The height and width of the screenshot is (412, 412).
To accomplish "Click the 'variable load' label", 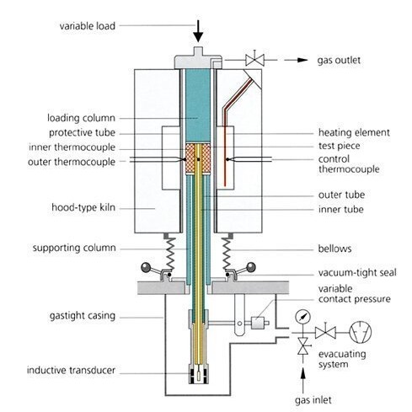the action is tap(88, 26).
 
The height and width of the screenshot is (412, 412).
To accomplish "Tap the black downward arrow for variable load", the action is tap(198, 31).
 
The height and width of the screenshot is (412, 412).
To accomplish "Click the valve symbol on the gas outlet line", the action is tap(254, 60).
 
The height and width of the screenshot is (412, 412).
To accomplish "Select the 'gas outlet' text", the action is tap(339, 60).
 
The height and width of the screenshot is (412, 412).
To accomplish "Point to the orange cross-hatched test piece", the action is tap(198, 158).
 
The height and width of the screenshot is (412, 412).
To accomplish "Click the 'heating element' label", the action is tap(354, 132).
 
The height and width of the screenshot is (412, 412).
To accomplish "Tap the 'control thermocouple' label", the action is tap(349, 164).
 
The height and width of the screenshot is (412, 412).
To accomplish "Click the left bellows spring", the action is tap(170, 254).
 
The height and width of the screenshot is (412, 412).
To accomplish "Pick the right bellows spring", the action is tap(226, 254).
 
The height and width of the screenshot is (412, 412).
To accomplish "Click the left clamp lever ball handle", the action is tap(146, 267).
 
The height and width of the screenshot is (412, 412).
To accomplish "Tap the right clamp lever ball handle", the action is tap(251, 267).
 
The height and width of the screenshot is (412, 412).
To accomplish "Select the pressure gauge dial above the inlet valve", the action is tap(302, 317).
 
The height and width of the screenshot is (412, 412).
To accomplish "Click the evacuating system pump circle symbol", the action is tap(360, 332).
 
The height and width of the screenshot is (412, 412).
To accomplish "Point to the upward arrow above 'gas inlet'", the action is tap(302, 381).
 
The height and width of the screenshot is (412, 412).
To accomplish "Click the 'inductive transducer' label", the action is tap(71, 370).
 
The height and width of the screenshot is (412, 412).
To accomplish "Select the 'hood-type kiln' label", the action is tap(83, 207).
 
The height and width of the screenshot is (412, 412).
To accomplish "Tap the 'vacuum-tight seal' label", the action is tap(357, 273).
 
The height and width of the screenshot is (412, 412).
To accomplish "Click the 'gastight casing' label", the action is tap(83, 316).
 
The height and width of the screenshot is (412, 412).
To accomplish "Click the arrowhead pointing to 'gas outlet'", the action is tap(302, 60).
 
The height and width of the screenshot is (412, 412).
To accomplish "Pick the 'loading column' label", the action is tap(81, 118).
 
